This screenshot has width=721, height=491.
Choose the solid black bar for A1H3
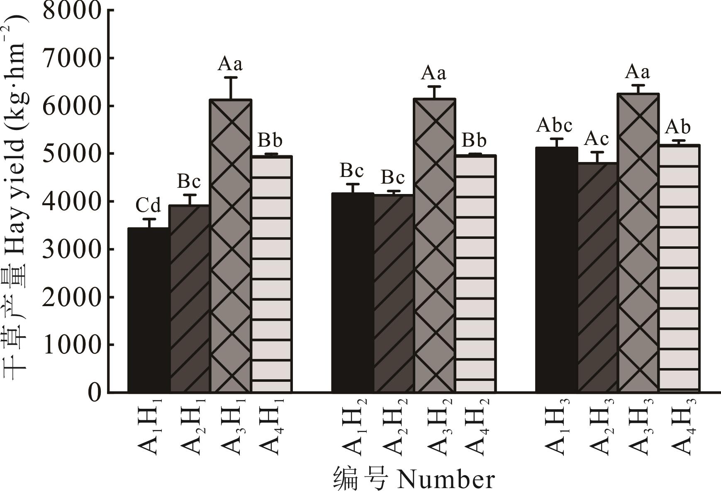click(556, 270)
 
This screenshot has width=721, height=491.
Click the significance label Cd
click(148, 205)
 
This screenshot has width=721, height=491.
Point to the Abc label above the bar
click(554, 125)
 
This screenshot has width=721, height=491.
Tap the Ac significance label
click(596, 139)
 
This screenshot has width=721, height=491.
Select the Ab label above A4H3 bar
click(677, 127)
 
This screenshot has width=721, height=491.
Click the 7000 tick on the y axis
click(72, 59)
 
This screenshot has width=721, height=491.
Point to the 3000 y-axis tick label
click(72, 250)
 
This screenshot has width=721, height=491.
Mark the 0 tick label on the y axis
click(95, 393)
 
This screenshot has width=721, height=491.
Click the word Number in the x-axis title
click(446, 480)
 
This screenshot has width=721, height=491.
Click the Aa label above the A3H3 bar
click(638, 72)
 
